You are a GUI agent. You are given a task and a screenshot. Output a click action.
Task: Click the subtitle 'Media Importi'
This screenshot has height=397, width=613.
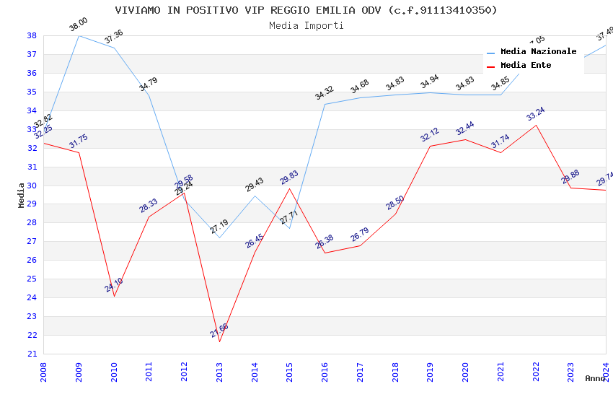coord(306,25)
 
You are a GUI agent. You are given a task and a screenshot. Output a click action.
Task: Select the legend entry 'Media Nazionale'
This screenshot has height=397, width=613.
coord(538,51)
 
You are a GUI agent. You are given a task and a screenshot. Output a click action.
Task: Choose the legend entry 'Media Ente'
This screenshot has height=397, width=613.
coord(526,65)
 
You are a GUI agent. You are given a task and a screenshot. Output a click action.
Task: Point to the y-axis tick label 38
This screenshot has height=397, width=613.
coord(32,35)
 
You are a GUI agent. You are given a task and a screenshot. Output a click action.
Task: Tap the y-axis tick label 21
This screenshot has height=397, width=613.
coord(32,354)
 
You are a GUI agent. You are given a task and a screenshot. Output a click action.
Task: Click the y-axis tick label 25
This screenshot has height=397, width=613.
coord(32,279)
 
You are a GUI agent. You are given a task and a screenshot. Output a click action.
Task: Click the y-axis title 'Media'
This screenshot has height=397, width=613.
coord(22,195)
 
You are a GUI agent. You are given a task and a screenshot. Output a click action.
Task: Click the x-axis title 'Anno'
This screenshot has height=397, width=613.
coord(595,378)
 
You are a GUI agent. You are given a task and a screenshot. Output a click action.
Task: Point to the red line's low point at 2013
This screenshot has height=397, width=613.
coord(219,341)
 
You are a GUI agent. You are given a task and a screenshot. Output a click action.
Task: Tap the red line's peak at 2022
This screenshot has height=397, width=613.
coord(536,125)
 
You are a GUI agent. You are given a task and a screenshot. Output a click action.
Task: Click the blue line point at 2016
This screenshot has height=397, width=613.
coord(325,104)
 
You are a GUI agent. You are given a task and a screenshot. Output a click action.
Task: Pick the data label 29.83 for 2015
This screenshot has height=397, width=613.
coord(289,178)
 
